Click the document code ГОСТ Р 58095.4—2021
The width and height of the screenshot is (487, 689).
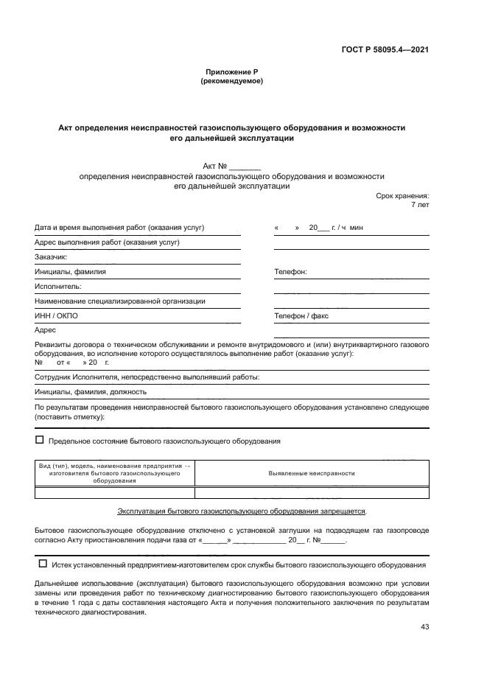pyautogui.click(x=386, y=50)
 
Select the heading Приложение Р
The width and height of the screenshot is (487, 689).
pyautogui.click(x=232, y=71)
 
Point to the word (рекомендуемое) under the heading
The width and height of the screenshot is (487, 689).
pyautogui.click(x=232, y=81)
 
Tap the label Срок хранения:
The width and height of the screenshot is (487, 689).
pyautogui.click(x=402, y=196)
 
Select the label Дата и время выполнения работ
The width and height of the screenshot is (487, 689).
pyautogui.click(x=119, y=228)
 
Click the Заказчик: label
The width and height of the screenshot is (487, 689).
pyautogui.click(x=51, y=257)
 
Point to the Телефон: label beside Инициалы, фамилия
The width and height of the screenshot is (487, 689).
pyautogui.click(x=290, y=272)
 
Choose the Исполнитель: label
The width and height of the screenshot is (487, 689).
pyautogui.click(x=57, y=287)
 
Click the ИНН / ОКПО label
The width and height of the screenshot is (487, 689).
pyautogui.click(x=56, y=316)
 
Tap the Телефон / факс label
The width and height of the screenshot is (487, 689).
pyautogui.click(x=301, y=316)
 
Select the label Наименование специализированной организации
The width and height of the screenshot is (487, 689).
pyautogui.click(x=120, y=301)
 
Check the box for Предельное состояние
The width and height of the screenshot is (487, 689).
pyautogui.click(x=40, y=440)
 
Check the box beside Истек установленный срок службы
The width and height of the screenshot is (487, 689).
pyautogui.click(x=42, y=564)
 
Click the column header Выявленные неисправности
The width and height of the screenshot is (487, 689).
pyautogui.click(x=312, y=474)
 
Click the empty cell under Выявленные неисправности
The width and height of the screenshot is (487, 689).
pyautogui.click(x=312, y=493)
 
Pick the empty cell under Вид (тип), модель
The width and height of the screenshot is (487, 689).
pyautogui.click(x=115, y=493)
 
